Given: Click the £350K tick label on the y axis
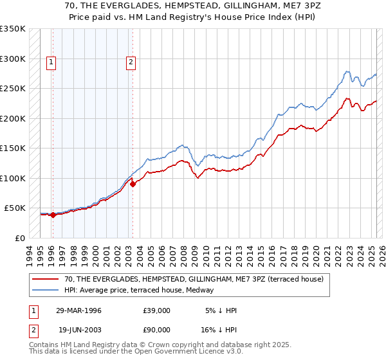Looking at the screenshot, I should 13,29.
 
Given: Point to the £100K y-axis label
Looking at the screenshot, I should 13,178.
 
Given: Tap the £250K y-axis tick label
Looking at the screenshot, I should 13,89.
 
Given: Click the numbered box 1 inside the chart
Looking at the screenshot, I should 51,62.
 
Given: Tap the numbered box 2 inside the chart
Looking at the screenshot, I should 131,62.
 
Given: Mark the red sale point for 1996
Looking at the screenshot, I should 53,215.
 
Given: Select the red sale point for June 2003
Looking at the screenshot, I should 133,184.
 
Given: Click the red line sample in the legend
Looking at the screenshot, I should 46,279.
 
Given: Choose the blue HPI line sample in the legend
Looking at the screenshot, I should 46,290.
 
